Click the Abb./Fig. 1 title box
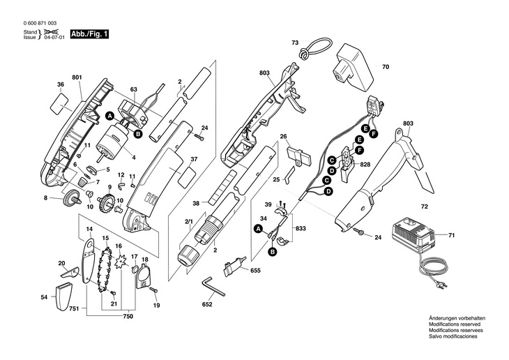[x=89, y=34]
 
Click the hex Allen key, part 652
[x=213, y=286]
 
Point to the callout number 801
[x=77, y=77]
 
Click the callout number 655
[x=255, y=270]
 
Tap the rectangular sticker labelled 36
[x=59, y=103]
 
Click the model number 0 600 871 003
[x=40, y=24]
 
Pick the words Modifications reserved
[x=455, y=324]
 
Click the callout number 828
[x=365, y=165]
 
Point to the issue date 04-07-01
[x=54, y=38]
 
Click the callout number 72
[x=424, y=207]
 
